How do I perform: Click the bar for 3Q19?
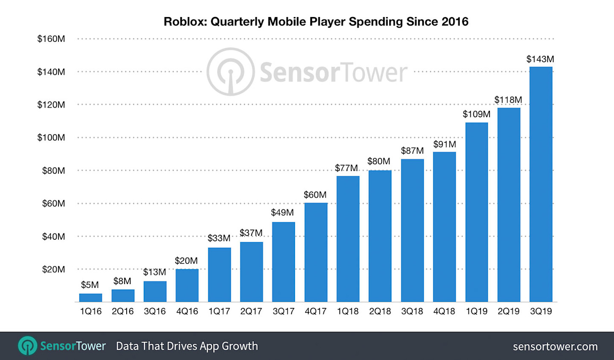click(x=541, y=184)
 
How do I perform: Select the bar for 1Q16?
click(x=90, y=298)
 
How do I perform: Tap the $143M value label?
click(x=540, y=59)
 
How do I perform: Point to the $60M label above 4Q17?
click(x=315, y=195)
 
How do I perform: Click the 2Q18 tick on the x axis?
click(x=380, y=311)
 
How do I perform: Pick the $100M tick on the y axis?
click(x=51, y=137)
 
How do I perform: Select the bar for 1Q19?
click(x=476, y=212)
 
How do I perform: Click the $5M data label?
click(x=90, y=285)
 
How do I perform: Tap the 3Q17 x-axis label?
click(x=284, y=311)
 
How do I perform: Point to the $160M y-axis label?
click(x=51, y=39)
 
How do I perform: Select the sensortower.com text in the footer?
click(x=555, y=346)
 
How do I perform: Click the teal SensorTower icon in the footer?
click(x=28, y=346)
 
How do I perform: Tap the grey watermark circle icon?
click(x=231, y=72)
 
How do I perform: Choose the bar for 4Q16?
click(x=187, y=285)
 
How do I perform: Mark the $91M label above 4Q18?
click(x=444, y=144)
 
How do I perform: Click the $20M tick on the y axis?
click(x=53, y=269)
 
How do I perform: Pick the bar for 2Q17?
click(x=251, y=272)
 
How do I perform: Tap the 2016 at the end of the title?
click(x=455, y=22)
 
